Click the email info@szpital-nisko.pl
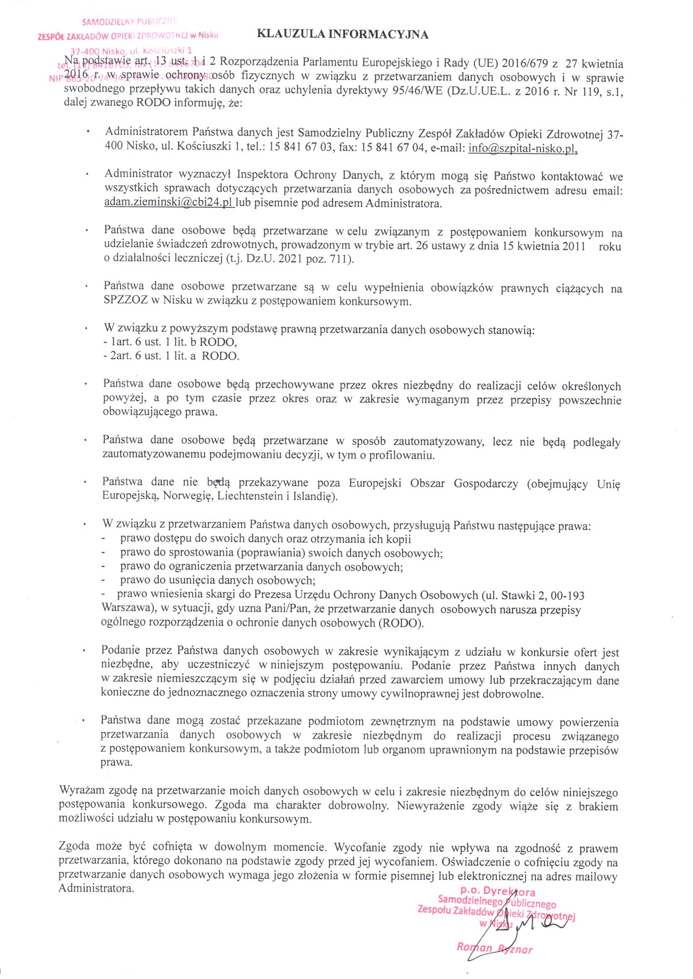(x=523, y=148)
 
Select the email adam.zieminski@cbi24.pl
(x=168, y=203)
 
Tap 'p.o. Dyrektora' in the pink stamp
(x=498, y=891)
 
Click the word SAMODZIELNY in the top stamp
(x=108, y=21)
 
